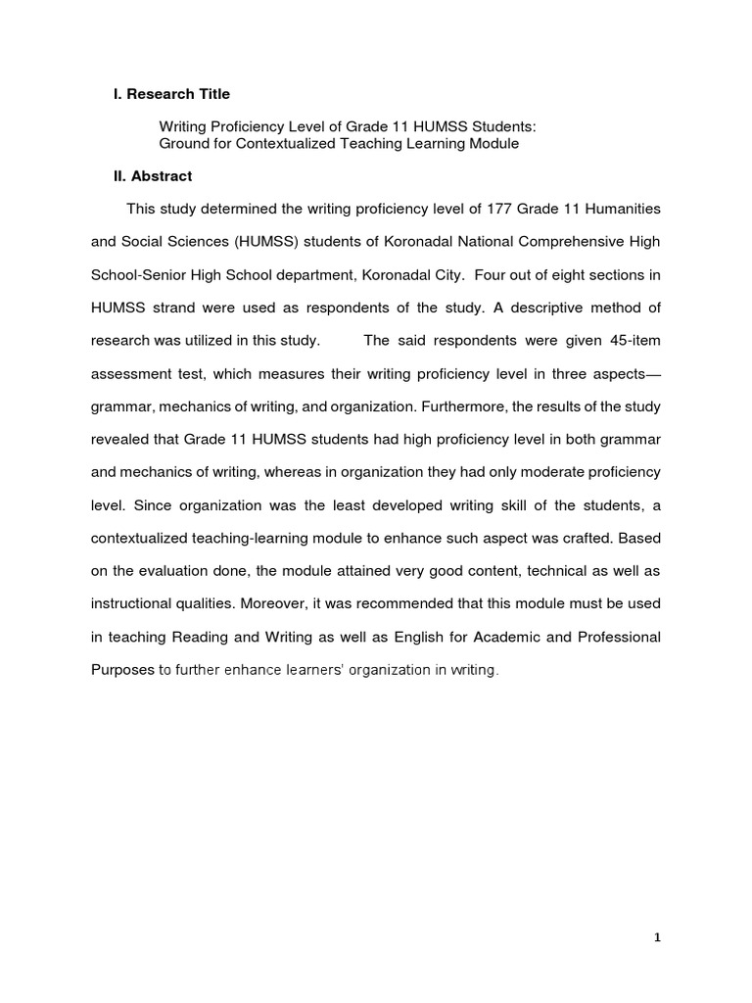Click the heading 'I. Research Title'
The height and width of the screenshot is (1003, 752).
click(x=171, y=94)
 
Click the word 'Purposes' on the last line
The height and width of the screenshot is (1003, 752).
click(x=122, y=670)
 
